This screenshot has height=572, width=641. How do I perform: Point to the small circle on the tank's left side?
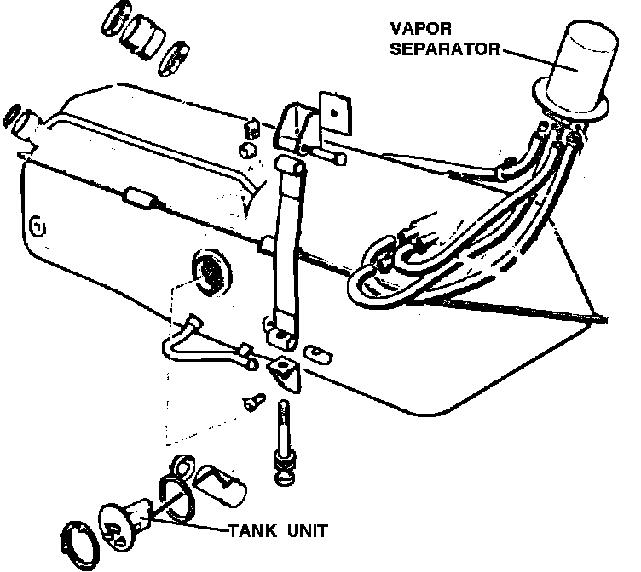point(36,226)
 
